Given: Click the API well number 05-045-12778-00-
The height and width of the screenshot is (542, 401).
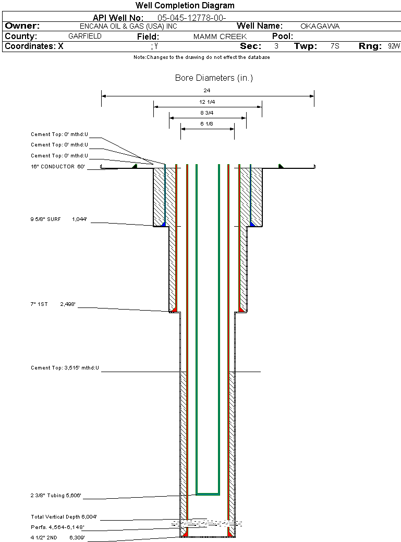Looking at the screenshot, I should [x=191, y=17].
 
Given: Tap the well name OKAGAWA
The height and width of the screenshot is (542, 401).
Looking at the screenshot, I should [x=320, y=26].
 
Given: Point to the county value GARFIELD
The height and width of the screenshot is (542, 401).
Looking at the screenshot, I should [x=85, y=36].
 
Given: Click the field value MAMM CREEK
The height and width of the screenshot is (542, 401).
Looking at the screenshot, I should [x=220, y=37].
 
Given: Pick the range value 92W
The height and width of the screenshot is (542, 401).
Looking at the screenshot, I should [x=394, y=46].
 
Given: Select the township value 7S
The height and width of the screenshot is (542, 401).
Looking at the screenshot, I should [x=335, y=46].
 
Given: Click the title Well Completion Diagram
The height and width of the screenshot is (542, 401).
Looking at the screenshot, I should [x=185, y=6].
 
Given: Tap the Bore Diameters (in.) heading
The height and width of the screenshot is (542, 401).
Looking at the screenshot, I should [x=214, y=78].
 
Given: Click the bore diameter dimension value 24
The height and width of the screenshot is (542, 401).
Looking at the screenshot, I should [x=207, y=90].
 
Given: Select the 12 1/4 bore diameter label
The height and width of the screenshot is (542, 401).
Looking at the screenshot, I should [x=207, y=102].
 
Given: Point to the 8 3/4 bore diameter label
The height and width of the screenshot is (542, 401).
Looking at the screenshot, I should [x=207, y=113].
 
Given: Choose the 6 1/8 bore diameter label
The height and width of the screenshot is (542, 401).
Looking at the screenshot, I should [x=207, y=124].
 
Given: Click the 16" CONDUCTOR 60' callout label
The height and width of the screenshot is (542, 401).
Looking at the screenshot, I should [x=57, y=167].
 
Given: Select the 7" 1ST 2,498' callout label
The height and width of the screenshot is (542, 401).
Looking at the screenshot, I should [x=53, y=304].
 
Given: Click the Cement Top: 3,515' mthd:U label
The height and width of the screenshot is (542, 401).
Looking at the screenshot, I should [x=65, y=368].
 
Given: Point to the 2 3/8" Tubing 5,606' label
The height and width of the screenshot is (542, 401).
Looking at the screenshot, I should [x=56, y=496].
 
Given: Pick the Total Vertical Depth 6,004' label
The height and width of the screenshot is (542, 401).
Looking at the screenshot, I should [x=64, y=517].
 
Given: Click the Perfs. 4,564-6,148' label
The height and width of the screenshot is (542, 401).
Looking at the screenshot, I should [x=57, y=527].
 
